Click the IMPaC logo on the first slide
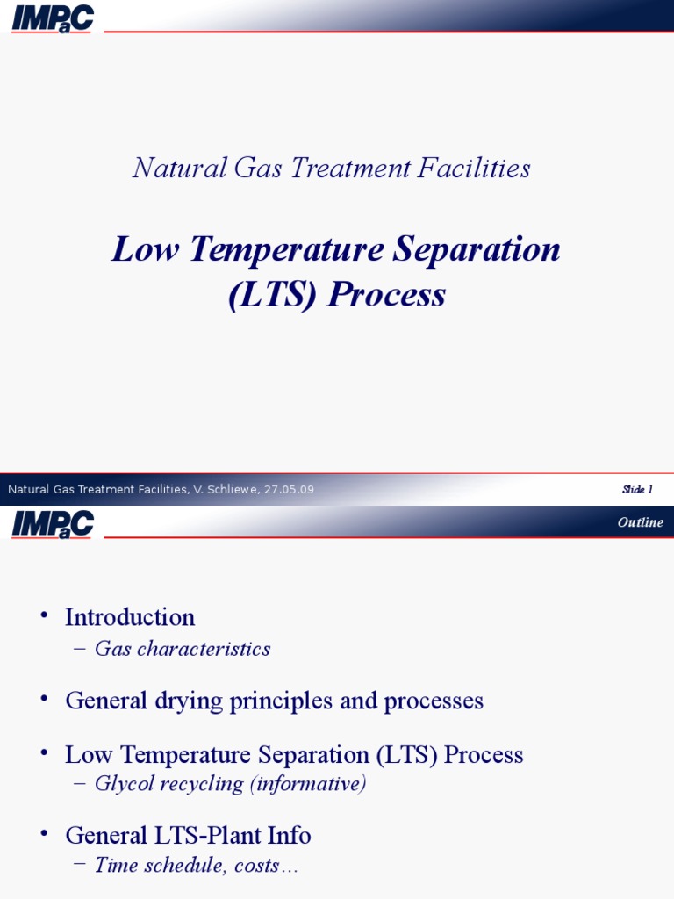tap(52, 18)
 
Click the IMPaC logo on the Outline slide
tap(52, 524)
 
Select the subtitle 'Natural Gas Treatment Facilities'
tap(331, 168)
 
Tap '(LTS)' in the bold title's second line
tap(272, 295)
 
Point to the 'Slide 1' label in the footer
tap(637, 489)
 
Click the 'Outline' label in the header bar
tap(640, 522)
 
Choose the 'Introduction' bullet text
tap(130, 617)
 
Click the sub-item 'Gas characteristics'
tap(183, 649)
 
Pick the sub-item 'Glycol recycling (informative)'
tap(230, 783)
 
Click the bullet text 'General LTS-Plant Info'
tap(188, 834)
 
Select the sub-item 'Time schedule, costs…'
tap(197, 865)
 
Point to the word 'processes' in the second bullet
tap(440, 701)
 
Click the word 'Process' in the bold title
tap(386, 295)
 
